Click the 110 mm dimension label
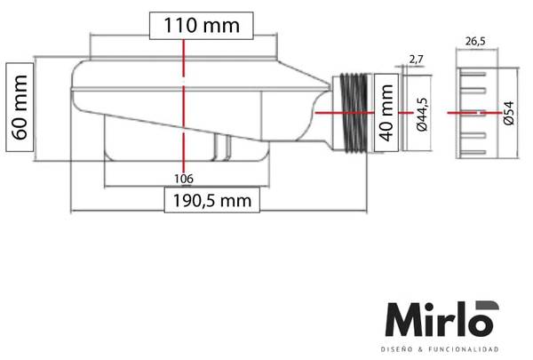202,26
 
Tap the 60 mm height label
20,108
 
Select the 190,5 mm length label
212,200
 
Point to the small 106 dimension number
184,179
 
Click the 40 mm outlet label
386,113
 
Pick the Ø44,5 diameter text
422,115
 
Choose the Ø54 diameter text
508,113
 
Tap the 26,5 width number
475,41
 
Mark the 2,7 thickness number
416,60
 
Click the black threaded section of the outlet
354,112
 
